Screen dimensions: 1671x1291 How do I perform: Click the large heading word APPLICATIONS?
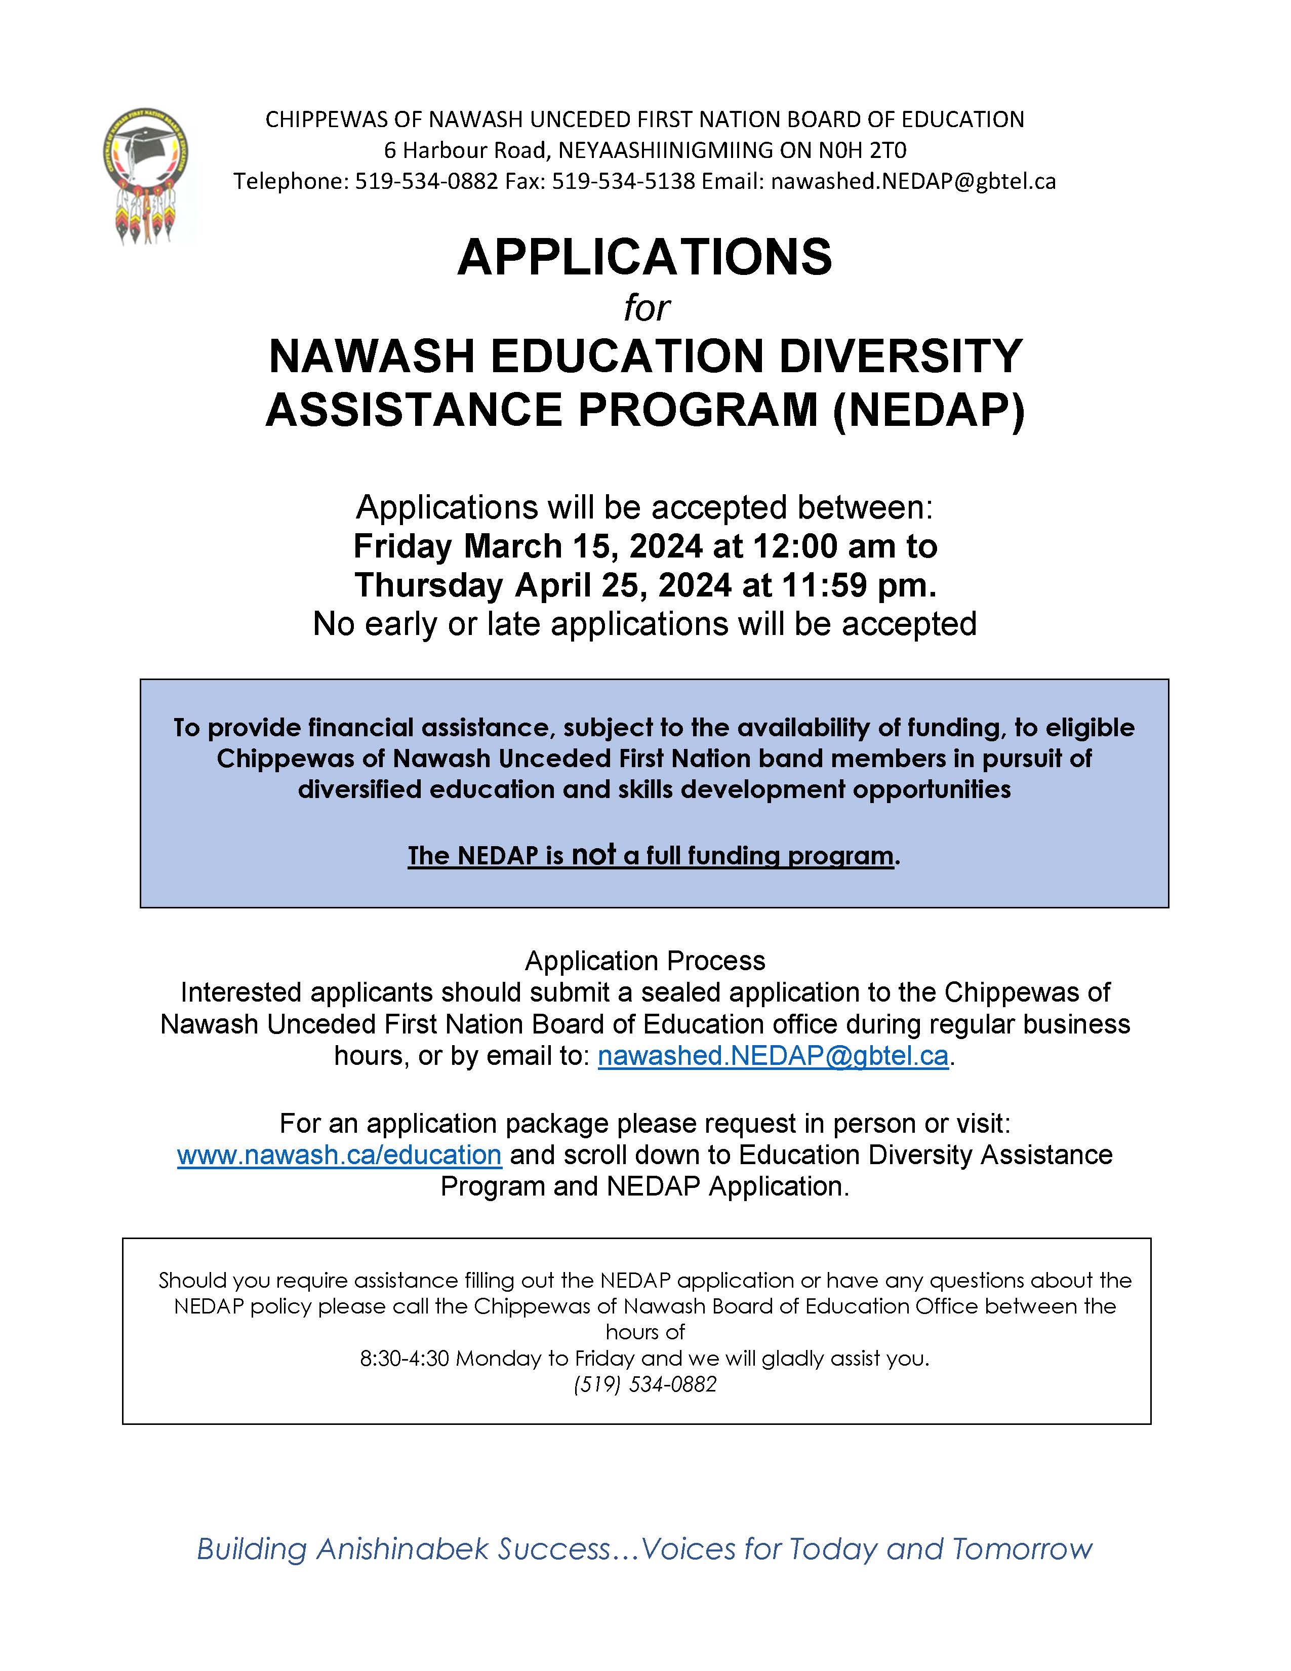pyautogui.click(x=644, y=257)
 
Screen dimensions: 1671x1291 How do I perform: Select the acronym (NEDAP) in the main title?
pyautogui.click(x=929, y=409)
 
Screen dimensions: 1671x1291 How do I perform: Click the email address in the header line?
pyautogui.click(x=913, y=181)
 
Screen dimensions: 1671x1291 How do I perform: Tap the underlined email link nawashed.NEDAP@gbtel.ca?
pyautogui.click(x=773, y=1055)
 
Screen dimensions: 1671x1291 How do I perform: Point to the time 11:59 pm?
pyautogui.click(x=858, y=585)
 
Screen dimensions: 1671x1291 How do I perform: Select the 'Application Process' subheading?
pyautogui.click(x=644, y=960)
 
